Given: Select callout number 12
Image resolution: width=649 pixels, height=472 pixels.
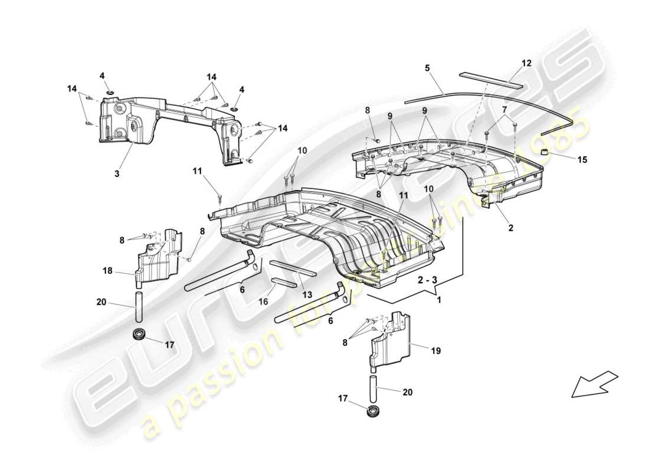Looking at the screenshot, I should [526, 63].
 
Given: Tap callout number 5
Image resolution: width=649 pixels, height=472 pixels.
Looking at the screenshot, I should [427, 68].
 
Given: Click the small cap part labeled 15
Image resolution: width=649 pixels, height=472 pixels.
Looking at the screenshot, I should [546, 153].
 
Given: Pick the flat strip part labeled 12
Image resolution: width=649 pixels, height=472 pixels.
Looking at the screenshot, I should [490, 80].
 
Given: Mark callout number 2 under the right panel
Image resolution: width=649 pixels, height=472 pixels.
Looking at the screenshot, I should [511, 226].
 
